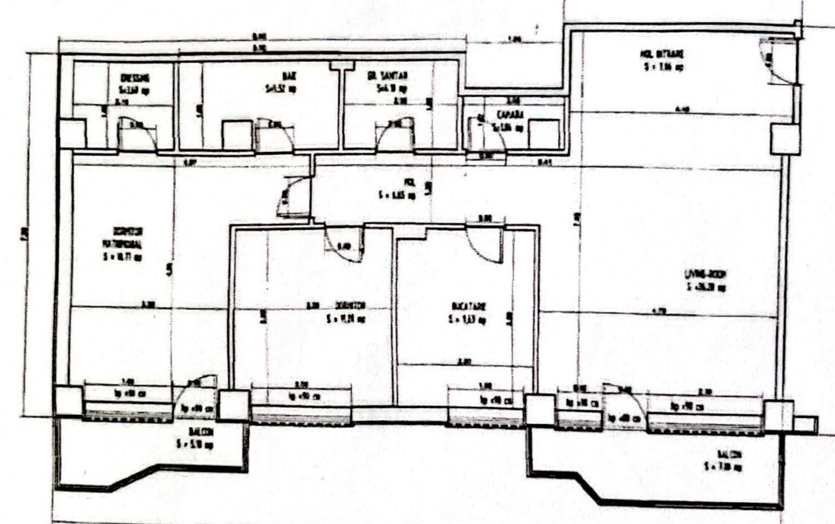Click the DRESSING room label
click(x=135, y=78)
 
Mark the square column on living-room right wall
click(x=785, y=139)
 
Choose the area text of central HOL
click(x=397, y=195)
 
